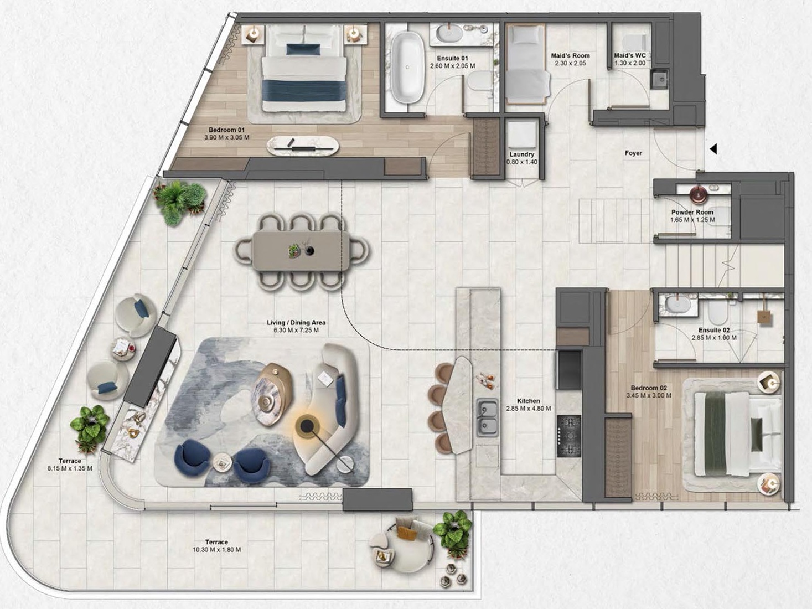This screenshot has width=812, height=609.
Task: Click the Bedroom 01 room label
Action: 227,130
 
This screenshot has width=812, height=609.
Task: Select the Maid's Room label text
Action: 571,56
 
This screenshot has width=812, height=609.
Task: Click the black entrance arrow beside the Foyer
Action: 713,149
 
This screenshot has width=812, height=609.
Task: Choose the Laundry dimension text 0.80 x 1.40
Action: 521,162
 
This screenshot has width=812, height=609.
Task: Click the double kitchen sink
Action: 487,417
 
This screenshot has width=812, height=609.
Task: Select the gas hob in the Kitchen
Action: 569,436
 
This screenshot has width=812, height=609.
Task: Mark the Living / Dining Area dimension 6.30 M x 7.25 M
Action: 296,330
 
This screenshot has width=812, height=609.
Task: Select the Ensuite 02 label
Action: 714,330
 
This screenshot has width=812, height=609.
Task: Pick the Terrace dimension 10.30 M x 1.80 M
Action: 217,549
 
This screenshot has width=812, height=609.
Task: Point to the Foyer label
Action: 633,153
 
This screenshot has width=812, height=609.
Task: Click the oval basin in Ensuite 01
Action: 449,34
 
